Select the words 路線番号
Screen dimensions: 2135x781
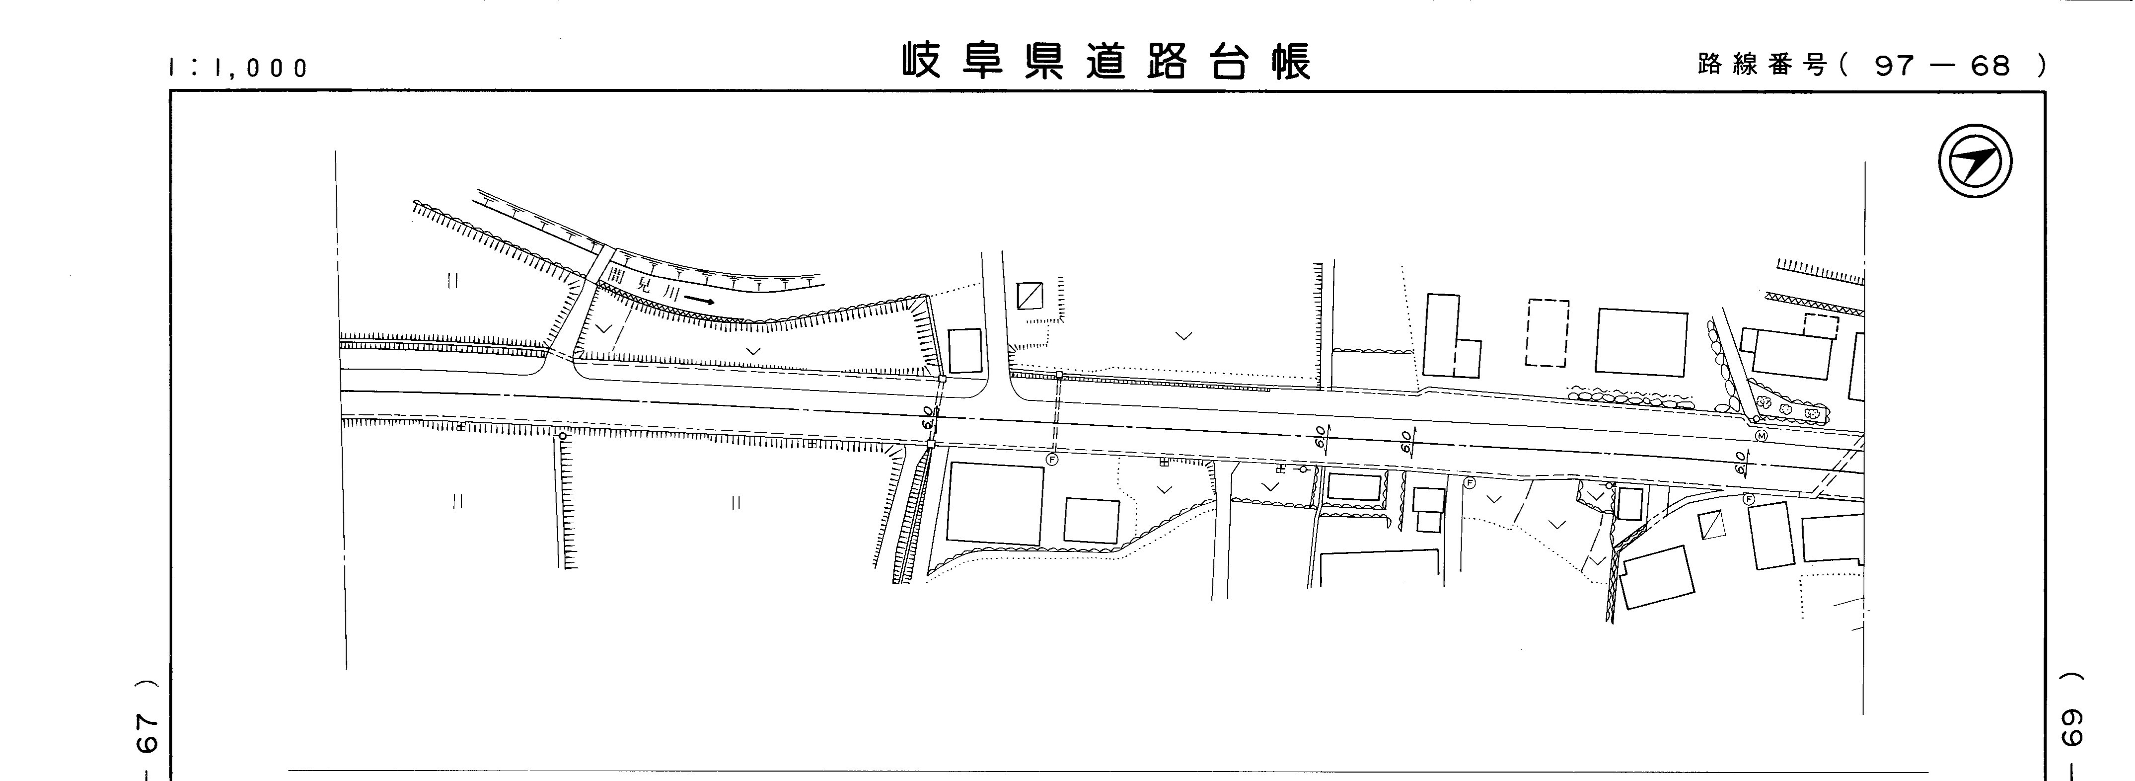click(1761, 64)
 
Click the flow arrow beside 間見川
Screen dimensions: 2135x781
click(700, 299)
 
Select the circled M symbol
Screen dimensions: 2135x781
click(1761, 436)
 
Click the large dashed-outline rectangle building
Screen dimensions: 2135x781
click(1546, 332)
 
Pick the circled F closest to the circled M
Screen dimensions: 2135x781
click(1749, 499)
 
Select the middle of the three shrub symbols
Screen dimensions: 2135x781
click(1788, 409)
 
